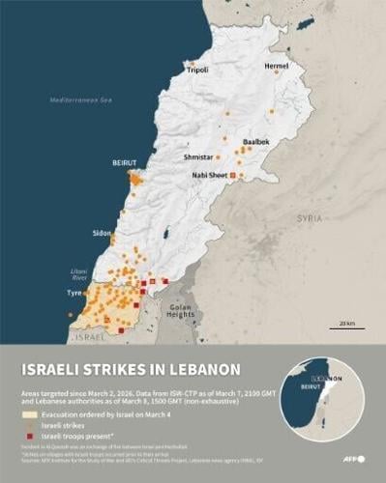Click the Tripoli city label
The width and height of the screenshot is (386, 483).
coord(197,71)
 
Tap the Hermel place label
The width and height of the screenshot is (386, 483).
coord(277,66)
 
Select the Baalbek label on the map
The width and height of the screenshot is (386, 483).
coord(256,141)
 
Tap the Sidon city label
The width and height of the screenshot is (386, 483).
coord(102,234)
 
